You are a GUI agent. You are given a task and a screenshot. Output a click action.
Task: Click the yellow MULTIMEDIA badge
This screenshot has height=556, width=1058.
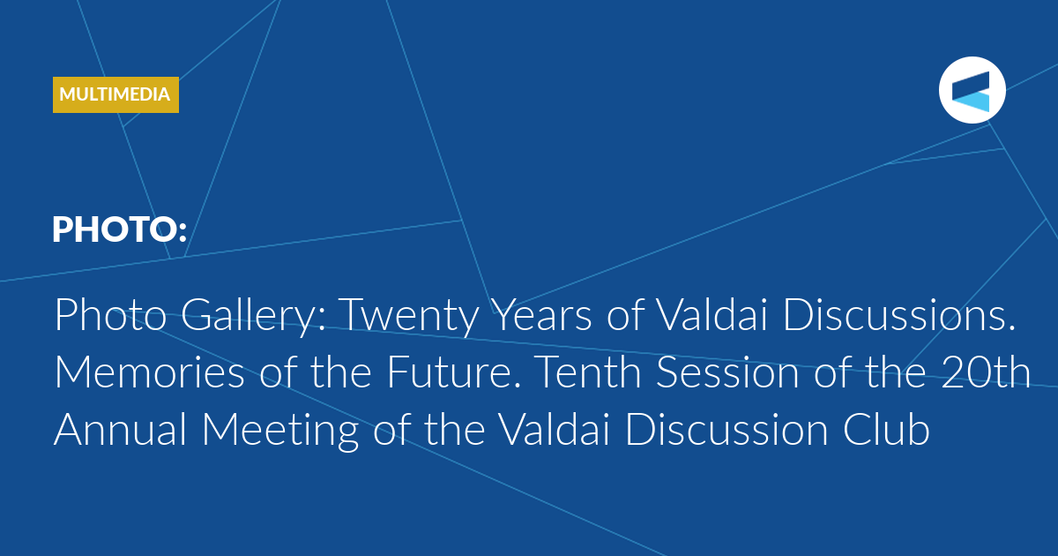[x=115, y=94]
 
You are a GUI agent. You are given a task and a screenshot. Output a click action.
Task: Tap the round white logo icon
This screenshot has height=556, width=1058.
[x=972, y=90]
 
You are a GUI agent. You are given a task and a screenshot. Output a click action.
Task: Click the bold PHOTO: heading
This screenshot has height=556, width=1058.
[x=120, y=229]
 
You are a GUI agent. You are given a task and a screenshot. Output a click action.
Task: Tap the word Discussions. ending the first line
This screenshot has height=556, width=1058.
[x=899, y=315]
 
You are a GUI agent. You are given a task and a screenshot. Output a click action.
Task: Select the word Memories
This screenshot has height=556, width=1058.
[x=149, y=372]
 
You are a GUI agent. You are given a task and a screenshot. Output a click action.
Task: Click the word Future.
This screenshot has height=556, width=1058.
[x=454, y=372]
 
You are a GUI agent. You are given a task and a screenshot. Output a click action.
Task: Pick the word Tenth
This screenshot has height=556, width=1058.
[x=587, y=372]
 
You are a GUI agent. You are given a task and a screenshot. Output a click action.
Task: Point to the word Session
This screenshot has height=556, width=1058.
[x=727, y=372]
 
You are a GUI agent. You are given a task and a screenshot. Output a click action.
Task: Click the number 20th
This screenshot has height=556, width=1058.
[x=986, y=372]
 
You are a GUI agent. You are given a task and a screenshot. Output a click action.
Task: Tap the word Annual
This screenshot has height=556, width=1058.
[x=121, y=429]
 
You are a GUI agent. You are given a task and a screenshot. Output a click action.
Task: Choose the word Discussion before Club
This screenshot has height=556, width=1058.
[x=726, y=429]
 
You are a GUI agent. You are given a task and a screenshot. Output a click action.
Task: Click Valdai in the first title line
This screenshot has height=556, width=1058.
[x=712, y=315]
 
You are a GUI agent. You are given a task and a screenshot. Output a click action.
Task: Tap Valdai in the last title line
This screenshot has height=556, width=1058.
[x=555, y=429]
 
